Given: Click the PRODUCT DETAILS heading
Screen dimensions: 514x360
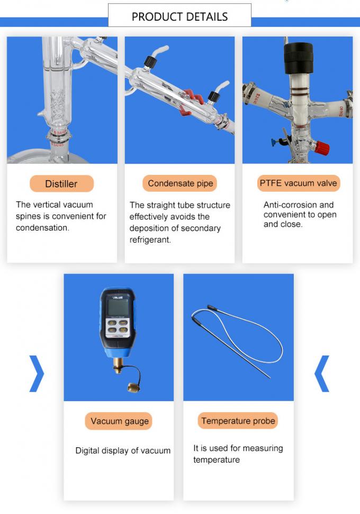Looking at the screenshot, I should pos(179,16).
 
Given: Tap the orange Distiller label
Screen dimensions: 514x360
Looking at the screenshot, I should pos(61,184).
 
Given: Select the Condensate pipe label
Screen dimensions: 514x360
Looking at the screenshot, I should pos(180,183).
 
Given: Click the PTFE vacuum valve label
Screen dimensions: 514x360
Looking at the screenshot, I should pos(298,183).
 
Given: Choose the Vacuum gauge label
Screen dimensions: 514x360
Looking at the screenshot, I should pos(120,421).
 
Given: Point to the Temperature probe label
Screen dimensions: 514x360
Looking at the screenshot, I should pos(238,421).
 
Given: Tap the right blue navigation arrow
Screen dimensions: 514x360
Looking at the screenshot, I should pos(322,373).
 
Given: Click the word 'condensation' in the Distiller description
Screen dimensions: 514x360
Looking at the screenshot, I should pos(42,228).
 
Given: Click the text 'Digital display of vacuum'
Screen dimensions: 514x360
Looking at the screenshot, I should pos(123,451).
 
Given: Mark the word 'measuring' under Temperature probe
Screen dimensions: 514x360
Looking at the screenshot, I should pos(262,448).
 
